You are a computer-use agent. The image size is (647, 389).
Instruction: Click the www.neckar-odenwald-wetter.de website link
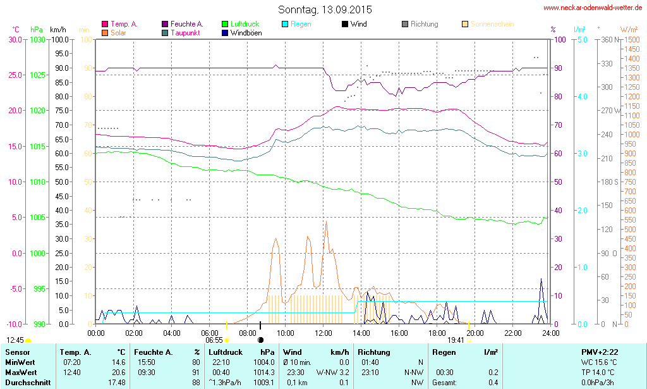tap(593, 8)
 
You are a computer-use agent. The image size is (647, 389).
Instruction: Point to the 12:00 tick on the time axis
tap(323, 333)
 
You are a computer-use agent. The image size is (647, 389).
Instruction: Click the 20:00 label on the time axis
tap(475, 333)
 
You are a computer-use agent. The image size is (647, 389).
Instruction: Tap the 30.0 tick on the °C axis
tap(15, 39)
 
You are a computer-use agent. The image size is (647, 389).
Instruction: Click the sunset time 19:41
tap(456, 340)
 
